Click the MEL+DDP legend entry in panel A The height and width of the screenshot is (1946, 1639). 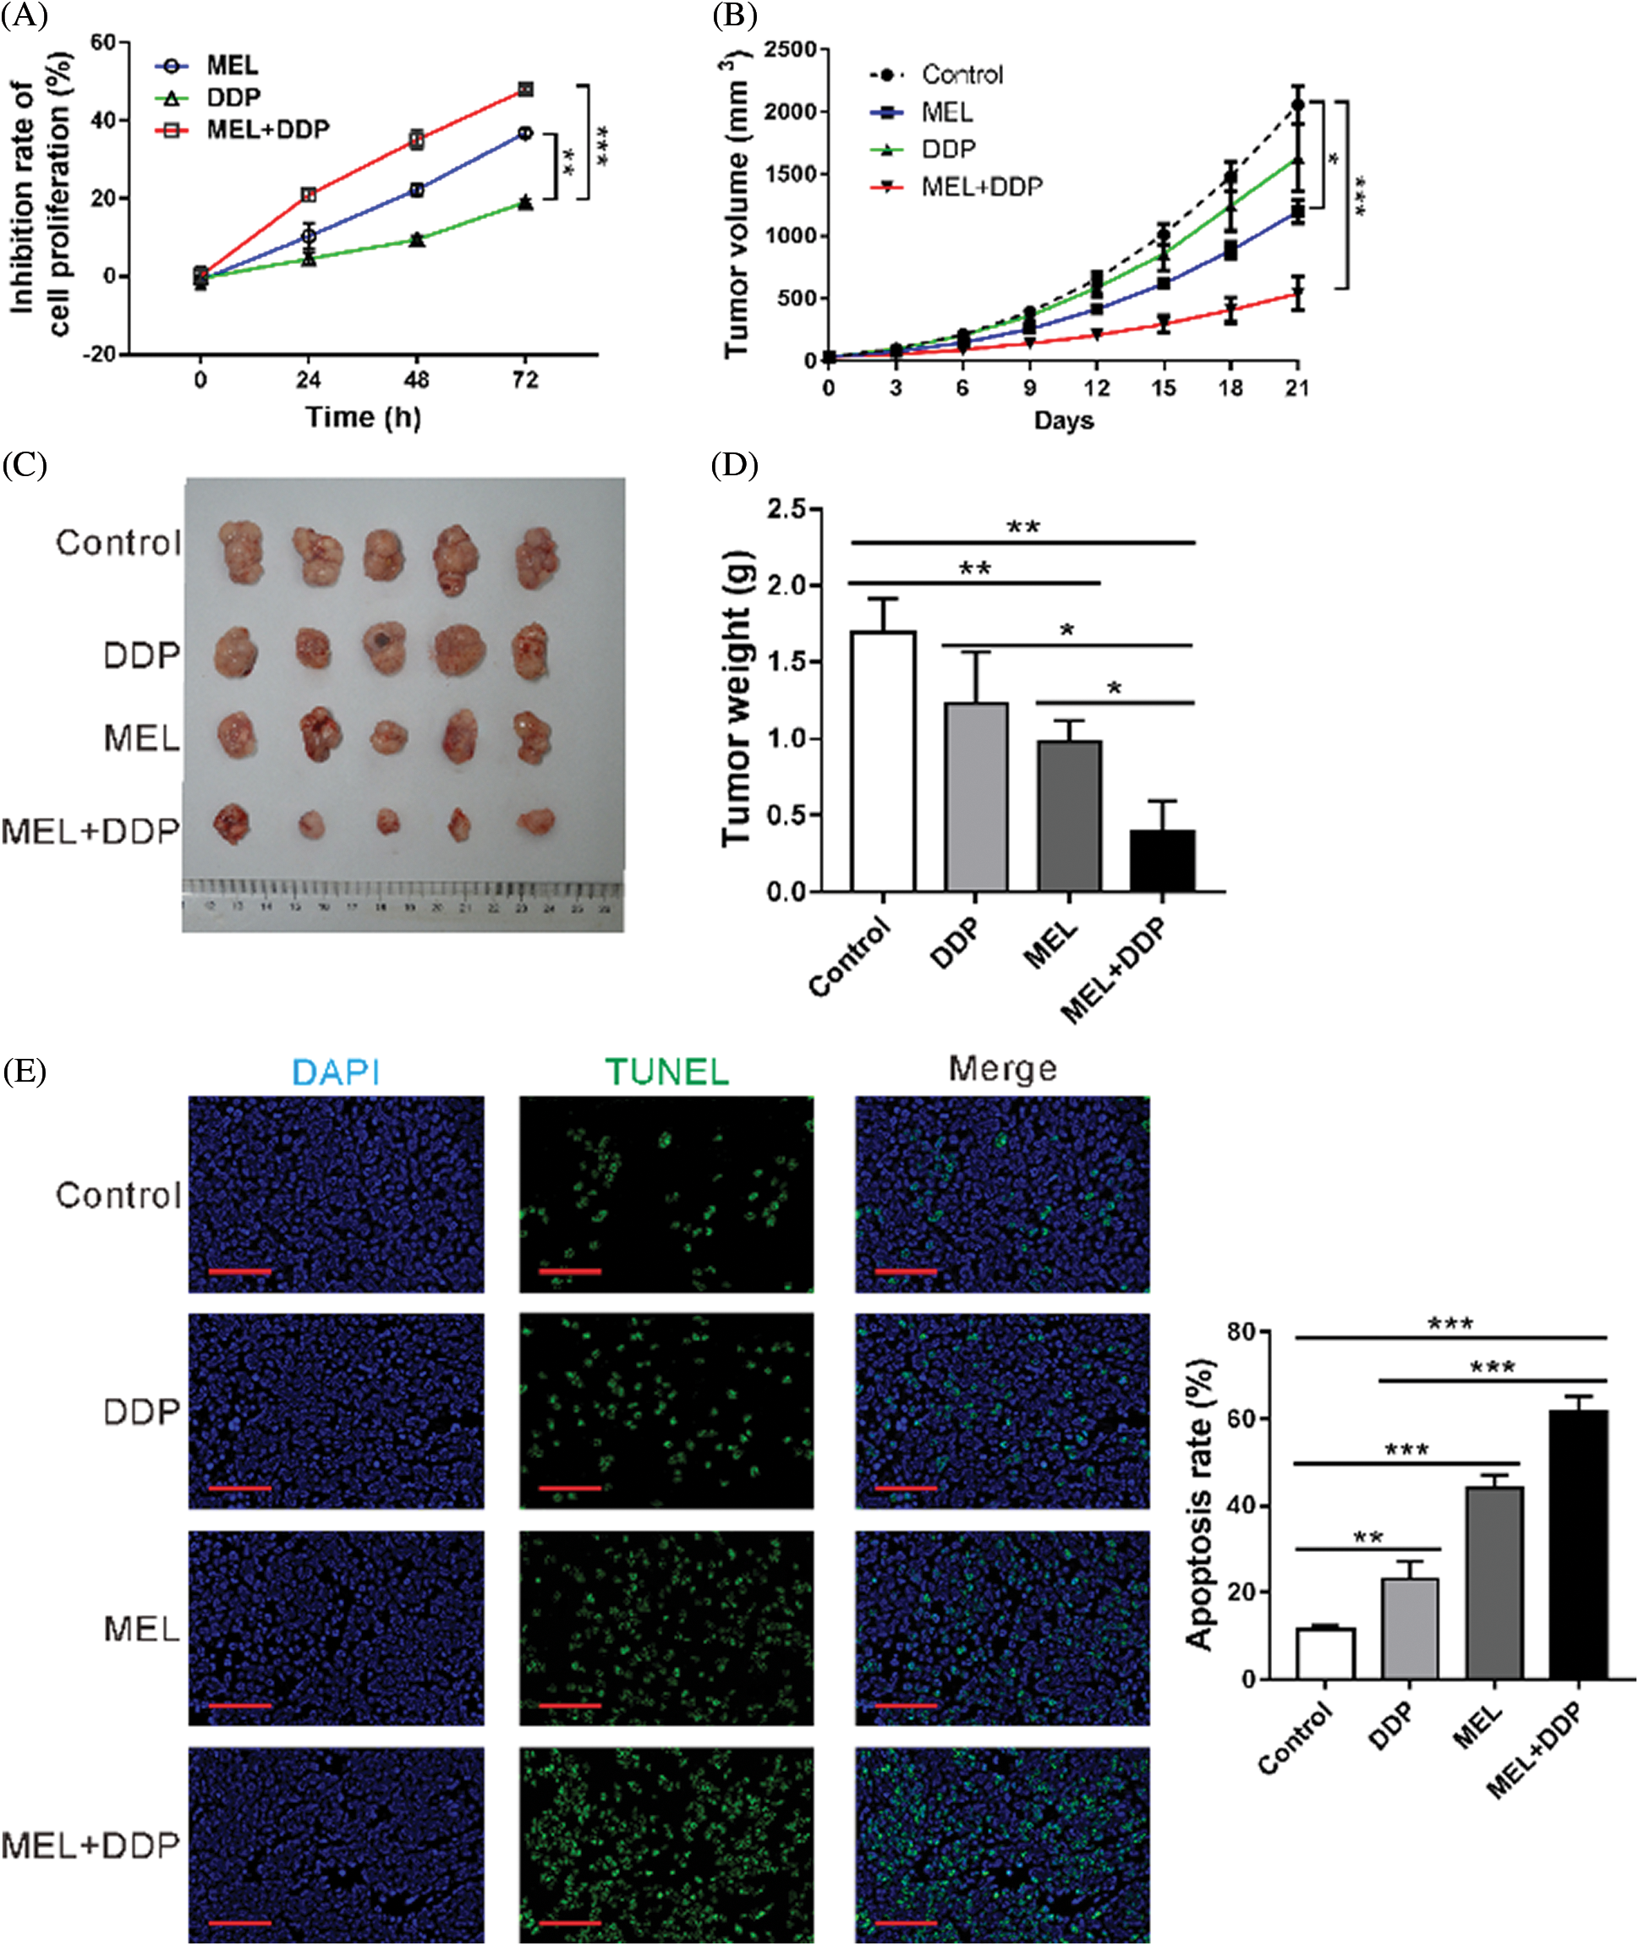tap(267, 129)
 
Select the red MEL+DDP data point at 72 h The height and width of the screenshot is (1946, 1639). tap(526, 89)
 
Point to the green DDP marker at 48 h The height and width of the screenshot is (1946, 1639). tap(417, 239)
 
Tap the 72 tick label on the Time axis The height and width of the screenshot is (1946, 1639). tap(526, 380)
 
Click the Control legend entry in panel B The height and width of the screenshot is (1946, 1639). tap(962, 74)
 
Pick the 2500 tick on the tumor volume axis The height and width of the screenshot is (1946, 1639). tap(790, 48)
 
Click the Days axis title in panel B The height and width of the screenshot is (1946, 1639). tap(1064, 421)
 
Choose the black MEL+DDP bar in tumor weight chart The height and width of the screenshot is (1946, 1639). tap(1161, 860)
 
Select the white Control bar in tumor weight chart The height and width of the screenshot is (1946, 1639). tap(883, 761)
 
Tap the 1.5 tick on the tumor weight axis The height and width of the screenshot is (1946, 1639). tap(788, 662)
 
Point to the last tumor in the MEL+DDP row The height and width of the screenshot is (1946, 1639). tap(536, 821)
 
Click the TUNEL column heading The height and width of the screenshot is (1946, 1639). tap(666, 1072)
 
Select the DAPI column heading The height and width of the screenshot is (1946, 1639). tap(336, 1072)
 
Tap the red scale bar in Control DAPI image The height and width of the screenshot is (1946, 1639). tap(239, 1271)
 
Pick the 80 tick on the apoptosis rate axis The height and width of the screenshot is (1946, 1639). tap(1242, 1332)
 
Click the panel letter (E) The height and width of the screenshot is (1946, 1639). tap(25, 1070)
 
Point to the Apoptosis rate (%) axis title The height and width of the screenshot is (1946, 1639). tap(1199, 1504)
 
